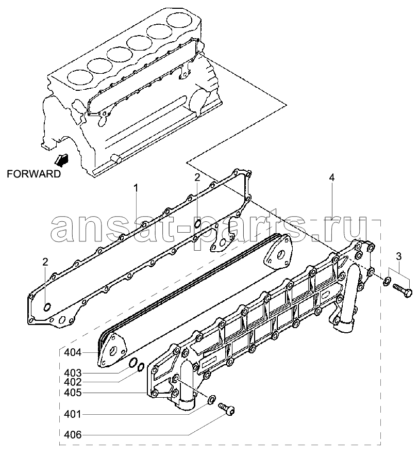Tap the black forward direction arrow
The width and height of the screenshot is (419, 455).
(62, 160)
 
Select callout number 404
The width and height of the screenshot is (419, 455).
(73, 353)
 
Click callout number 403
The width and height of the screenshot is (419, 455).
(73, 373)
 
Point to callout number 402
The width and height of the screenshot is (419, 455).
(73, 382)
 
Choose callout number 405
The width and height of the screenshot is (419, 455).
(73, 393)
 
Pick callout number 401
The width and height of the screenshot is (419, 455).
(73, 414)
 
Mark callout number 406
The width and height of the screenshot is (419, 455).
(73, 435)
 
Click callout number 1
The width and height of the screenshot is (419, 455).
(136, 188)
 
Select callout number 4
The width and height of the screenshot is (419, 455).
(332, 177)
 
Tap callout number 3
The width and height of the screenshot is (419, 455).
(399, 256)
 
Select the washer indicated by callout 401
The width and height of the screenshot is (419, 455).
(212, 399)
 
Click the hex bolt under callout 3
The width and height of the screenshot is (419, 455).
(403, 290)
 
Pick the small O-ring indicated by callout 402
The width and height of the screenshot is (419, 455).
(141, 367)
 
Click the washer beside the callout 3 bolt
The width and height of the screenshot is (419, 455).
(387, 281)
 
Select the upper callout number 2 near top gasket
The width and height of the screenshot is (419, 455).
(197, 177)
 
